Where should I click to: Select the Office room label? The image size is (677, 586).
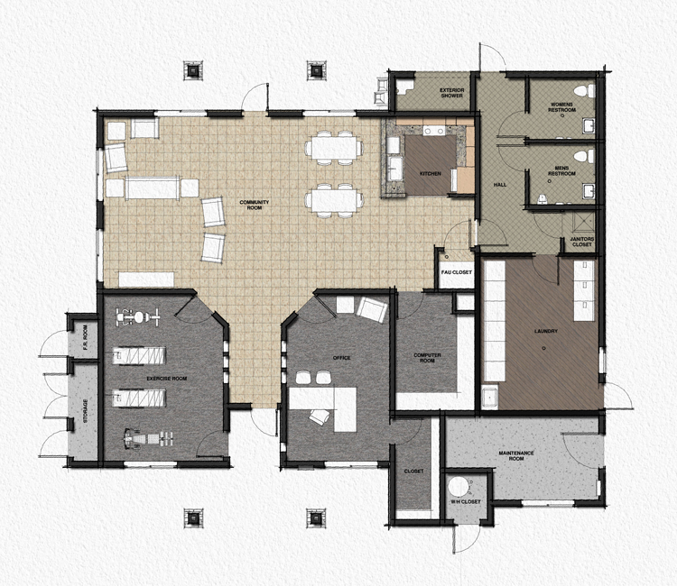[x=341, y=358]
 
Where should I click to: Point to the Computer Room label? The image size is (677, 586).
[x=427, y=357]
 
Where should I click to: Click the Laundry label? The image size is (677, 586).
[x=545, y=331]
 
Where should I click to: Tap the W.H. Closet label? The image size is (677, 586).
[x=466, y=502]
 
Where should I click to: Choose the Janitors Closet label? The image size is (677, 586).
[x=581, y=243]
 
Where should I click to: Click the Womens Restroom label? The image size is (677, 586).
[x=561, y=106]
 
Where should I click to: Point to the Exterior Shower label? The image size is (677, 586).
[x=450, y=93]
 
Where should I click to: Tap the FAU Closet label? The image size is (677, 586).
[x=455, y=271]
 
